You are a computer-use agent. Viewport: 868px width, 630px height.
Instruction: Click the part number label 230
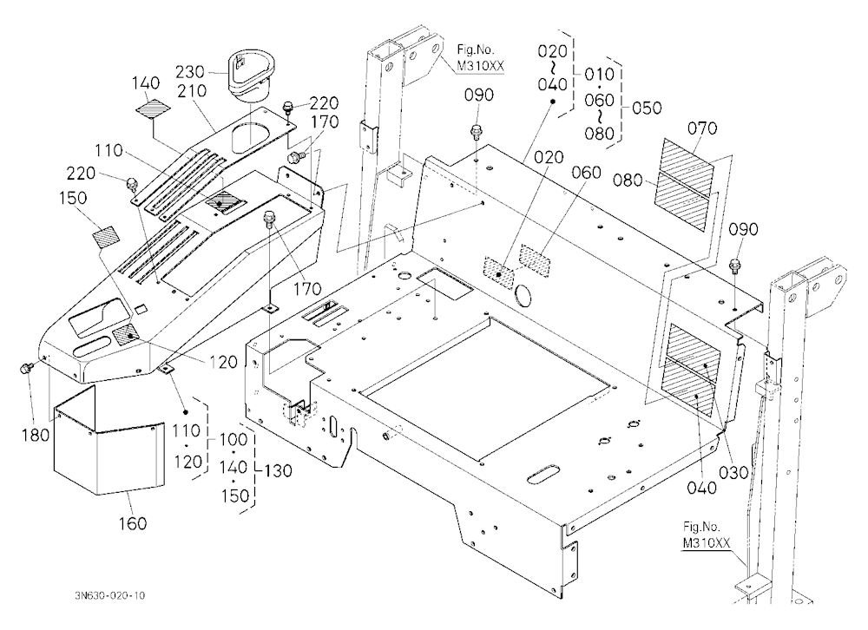(189, 72)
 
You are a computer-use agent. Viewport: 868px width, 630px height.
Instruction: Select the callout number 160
(133, 523)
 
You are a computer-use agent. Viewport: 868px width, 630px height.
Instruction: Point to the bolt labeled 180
(25, 368)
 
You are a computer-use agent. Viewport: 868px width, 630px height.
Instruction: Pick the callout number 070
(702, 128)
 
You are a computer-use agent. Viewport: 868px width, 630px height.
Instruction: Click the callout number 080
(628, 180)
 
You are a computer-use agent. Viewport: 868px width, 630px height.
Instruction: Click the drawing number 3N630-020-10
(109, 595)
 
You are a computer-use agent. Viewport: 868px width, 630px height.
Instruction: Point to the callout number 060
(586, 173)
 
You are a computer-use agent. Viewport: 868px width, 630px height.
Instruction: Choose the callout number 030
(733, 472)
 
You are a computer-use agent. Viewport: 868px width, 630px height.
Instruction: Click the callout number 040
(701, 488)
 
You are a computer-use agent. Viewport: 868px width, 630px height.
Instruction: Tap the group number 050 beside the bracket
(647, 108)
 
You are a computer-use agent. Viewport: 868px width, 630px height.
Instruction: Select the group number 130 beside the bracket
(278, 470)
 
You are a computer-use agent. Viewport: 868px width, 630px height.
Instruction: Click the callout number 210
(192, 91)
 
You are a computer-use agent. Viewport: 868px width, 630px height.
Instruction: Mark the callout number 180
(36, 435)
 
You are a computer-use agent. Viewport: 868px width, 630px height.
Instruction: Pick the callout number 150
(73, 198)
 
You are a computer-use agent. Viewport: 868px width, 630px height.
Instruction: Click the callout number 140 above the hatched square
(146, 83)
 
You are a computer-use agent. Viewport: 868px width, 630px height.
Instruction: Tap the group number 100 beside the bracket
(233, 440)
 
